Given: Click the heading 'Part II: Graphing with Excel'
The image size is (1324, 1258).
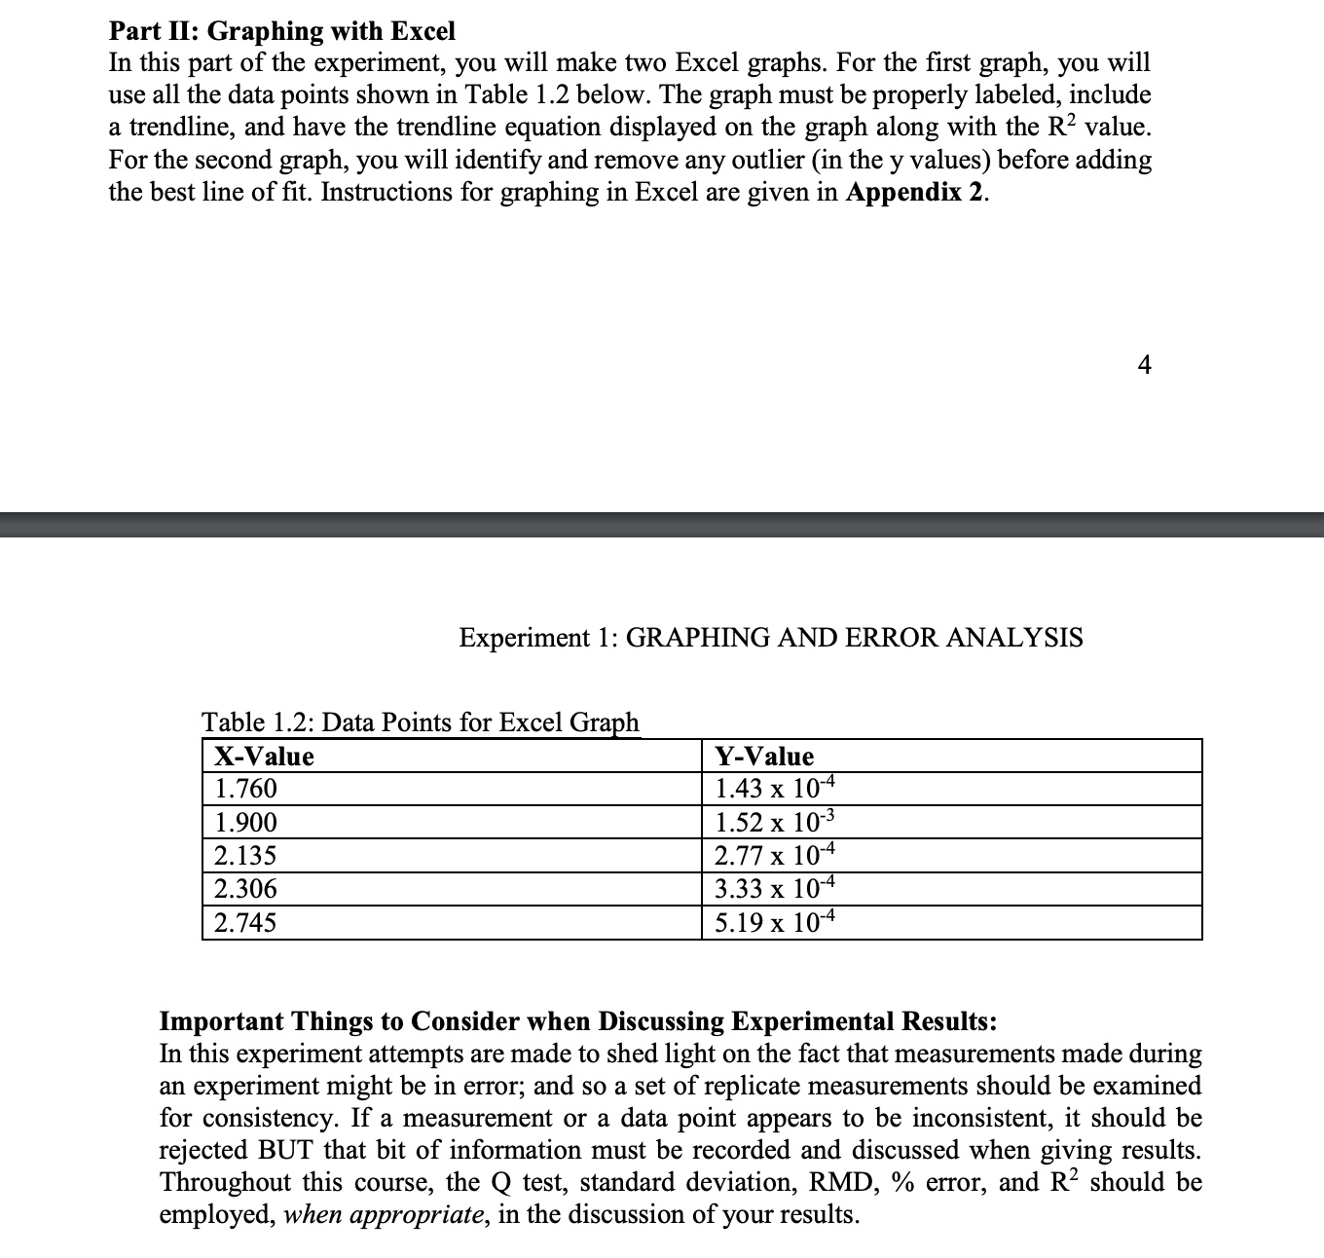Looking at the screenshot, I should pyautogui.click(x=281, y=31).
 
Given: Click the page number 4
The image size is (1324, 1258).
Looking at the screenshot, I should pyautogui.click(x=1144, y=365).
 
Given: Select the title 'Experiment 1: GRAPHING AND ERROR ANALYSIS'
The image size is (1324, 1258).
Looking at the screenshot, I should pyautogui.click(x=770, y=638).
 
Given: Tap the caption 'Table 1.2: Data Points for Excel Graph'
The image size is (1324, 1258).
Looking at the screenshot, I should pyautogui.click(x=421, y=722).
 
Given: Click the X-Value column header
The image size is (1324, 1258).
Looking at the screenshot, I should pyautogui.click(x=264, y=757).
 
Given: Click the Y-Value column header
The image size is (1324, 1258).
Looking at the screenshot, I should pyautogui.click(x=764, y=757).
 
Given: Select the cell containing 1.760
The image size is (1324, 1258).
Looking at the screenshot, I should pyautogui.click(x=245, y=789).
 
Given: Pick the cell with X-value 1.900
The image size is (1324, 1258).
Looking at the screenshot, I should pyautogui.click(x=245, y=823).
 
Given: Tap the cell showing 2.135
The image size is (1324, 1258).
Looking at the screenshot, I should pyautogui.click(x=245, y=856).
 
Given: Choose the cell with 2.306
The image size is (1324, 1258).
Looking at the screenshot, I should pyautogui.click(x=245, y=888).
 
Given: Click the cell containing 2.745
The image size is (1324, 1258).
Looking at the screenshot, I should pyautogui.click(x=245, y=922).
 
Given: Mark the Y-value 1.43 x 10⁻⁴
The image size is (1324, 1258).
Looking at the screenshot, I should pyautogui.click(x=775, y=789).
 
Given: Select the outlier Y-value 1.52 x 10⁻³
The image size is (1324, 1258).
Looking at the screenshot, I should pyautogui.click(x=775, y=823).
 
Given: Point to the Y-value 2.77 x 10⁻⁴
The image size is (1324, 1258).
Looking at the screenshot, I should pyautogui.click(x=775, y=856).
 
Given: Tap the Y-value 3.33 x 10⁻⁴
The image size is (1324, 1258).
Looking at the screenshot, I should pyautogui.click(x=775, y=888).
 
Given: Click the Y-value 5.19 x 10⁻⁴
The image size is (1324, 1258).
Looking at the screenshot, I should pyautogui.click(x=775, y=922).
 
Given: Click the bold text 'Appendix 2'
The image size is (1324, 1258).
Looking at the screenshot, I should pyautogui.click(x=914, y=192).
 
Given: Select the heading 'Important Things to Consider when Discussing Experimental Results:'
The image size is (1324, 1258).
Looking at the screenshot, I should pyautogui.click(x=577, y=1021).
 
